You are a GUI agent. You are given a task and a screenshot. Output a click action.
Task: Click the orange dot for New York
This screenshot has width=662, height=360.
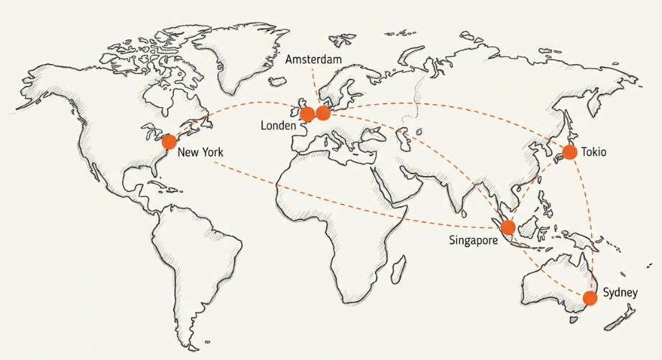[169, 142]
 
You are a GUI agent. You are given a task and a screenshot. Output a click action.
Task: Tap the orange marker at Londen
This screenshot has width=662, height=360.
[307, 114]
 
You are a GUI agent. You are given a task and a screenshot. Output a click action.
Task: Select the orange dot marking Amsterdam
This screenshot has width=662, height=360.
[323, 113]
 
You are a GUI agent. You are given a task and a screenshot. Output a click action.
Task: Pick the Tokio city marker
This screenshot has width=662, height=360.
[570, 152]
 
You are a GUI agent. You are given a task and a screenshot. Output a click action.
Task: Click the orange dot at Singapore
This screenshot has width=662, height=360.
[508, 228]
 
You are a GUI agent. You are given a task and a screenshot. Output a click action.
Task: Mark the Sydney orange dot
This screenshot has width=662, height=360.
[590, 297]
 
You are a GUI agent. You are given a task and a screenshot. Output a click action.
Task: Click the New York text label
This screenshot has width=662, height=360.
[201, 152]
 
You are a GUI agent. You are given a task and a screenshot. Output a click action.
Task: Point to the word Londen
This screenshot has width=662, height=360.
[279, 126]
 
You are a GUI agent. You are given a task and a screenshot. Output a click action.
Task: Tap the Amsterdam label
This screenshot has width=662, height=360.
[313, 59]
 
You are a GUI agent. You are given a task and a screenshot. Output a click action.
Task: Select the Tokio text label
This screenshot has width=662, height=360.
[594, 152]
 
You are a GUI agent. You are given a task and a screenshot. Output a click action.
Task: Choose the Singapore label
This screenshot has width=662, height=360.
[473, 240]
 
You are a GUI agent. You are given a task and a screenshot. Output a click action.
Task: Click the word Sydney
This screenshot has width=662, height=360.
[620, 292]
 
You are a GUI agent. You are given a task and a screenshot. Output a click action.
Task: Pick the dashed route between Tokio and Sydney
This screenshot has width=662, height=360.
[589, 216]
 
